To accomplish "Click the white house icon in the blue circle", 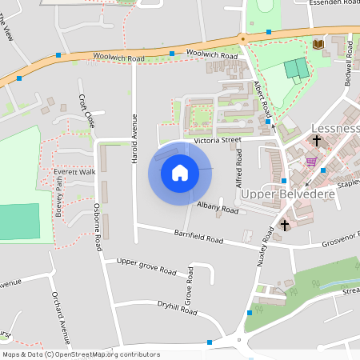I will coord(180,173).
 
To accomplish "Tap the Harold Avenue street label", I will coord(134,138).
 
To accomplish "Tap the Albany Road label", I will coord(218,210).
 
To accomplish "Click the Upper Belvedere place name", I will coord(274,194).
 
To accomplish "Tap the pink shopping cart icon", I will coord(311,162).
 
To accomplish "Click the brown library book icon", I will coord(319,44).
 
